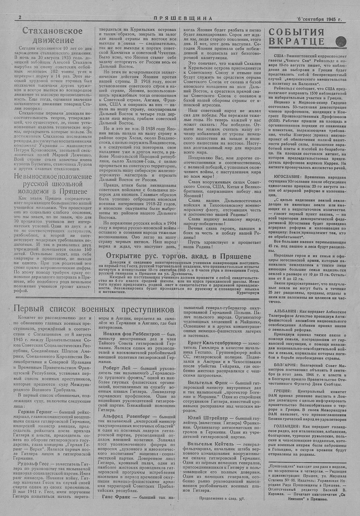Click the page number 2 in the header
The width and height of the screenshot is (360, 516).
tap(20, 17)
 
